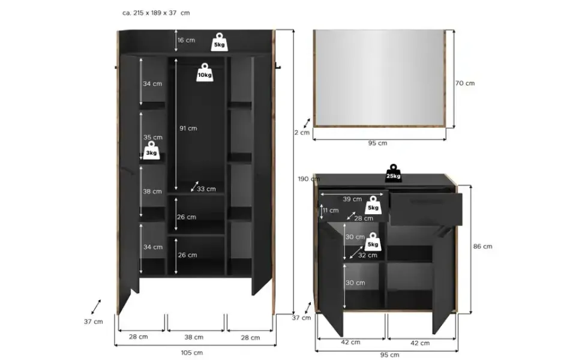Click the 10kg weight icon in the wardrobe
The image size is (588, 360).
(205, 72)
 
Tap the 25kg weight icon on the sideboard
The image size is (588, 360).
(394, 173)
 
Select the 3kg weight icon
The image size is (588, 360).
(151, 151)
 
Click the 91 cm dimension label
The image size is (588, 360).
(188, 128)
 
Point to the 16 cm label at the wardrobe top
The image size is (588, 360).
(186, 40)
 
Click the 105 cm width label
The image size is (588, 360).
(191, 353)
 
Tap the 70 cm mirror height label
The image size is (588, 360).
(465, 83)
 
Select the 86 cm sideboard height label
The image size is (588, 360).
(482, 247)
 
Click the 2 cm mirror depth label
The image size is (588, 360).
(302, 133)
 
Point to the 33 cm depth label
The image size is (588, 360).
(206, 189)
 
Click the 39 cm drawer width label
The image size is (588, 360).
(353, 199)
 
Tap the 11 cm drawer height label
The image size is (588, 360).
(331, 211)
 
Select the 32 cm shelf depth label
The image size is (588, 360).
(367, 256)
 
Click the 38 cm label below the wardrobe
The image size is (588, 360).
(194, 337)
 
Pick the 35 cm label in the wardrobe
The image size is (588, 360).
(152, 137)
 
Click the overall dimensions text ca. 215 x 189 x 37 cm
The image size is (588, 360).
(156, 13)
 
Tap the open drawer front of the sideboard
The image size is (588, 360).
(427, 209)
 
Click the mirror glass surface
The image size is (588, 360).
(379, 77)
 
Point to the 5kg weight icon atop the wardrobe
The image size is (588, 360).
(220, 42)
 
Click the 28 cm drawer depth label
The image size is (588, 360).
(364, 218)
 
